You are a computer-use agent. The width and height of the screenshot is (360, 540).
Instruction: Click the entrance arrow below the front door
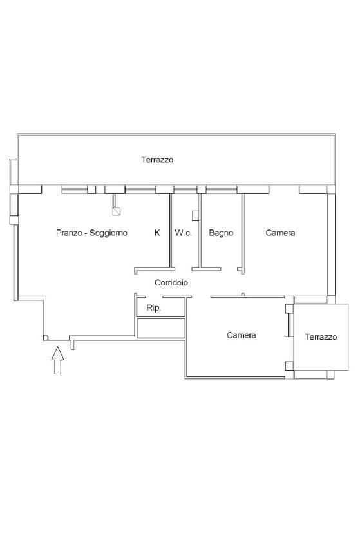click(x=58, y=360)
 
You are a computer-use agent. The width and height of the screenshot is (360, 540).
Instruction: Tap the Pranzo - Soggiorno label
click(x=91, y=233)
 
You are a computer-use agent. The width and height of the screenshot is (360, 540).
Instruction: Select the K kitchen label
click(x=157, y=233)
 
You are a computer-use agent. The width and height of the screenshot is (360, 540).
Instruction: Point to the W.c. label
click(x=183, y=233)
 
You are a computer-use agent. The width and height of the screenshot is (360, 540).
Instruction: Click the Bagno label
click(x=221, y=233)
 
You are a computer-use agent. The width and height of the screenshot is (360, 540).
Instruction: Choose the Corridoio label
click(x=171, y=283)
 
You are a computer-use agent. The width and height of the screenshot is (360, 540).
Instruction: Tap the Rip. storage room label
click(x=153, y=308)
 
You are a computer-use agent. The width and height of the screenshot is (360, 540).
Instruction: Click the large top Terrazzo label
click(x=157, y=160)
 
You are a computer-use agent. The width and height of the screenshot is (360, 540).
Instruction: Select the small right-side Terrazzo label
click(x=321, y=337)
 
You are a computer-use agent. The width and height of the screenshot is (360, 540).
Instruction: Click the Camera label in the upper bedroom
click(x=280, y=233)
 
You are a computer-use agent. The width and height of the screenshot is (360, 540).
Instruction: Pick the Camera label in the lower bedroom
click(x=242, y=335)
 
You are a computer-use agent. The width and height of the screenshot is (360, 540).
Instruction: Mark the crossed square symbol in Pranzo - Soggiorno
click(x=117, y=211)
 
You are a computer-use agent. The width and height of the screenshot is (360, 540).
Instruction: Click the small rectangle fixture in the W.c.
click(x=194, y=215)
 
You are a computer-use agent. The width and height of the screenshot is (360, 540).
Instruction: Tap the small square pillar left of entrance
click(x=46, y=338)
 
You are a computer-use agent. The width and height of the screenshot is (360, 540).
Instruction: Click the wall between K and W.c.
click(x=170, y=231)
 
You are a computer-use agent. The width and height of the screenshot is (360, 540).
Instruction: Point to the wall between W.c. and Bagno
click(x=200, y=231)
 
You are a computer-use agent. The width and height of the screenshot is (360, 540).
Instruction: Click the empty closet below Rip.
click(x=162, y=328)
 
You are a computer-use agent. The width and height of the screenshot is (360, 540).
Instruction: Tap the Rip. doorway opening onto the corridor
click(x=154, y=297)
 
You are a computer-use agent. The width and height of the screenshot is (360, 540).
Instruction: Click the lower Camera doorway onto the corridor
click(x=202, y=297)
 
